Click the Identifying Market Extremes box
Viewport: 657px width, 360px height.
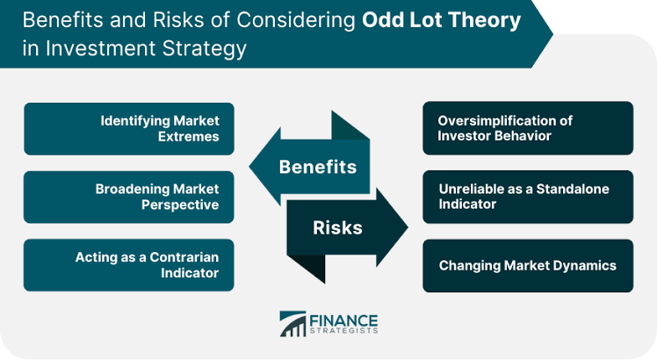(129, 129)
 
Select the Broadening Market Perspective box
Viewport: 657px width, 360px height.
(129, 197)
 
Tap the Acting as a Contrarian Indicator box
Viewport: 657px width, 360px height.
(129, 265)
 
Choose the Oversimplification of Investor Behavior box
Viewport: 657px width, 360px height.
(528, 128)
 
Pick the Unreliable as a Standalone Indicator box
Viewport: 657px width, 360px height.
(528, 197)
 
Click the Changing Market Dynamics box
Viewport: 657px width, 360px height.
(528, 266)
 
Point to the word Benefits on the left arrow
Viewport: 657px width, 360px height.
(318, 167)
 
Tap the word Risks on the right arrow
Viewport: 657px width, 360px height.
(337, 227)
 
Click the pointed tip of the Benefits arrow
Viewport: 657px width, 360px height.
(249, 166)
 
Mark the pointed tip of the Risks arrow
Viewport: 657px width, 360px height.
(408, 227)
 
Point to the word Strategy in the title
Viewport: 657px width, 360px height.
(205, 49)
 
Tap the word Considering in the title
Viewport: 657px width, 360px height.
(296, 20)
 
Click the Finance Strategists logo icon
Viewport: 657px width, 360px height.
(292, 323)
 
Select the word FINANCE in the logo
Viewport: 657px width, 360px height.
(343, 320)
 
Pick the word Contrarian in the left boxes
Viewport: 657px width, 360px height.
(184, 257)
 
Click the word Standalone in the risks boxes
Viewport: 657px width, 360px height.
(573, 189)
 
